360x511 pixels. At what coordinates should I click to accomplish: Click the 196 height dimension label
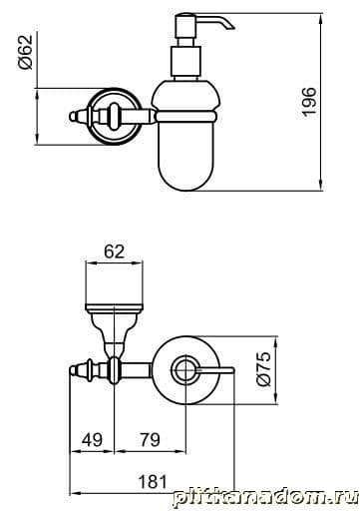coord(309,102)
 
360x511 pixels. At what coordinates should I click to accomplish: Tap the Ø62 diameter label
coord(26,52)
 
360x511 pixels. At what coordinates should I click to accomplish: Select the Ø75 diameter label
coord(265,369)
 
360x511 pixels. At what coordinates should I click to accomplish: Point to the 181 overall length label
coord(153,482)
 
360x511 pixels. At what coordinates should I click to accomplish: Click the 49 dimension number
coord(92,440)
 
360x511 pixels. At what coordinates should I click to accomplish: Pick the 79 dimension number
coord(150,440)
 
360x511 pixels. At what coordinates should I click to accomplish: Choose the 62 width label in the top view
coord(115,252)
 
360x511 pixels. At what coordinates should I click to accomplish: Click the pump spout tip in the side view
coord(231,26)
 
